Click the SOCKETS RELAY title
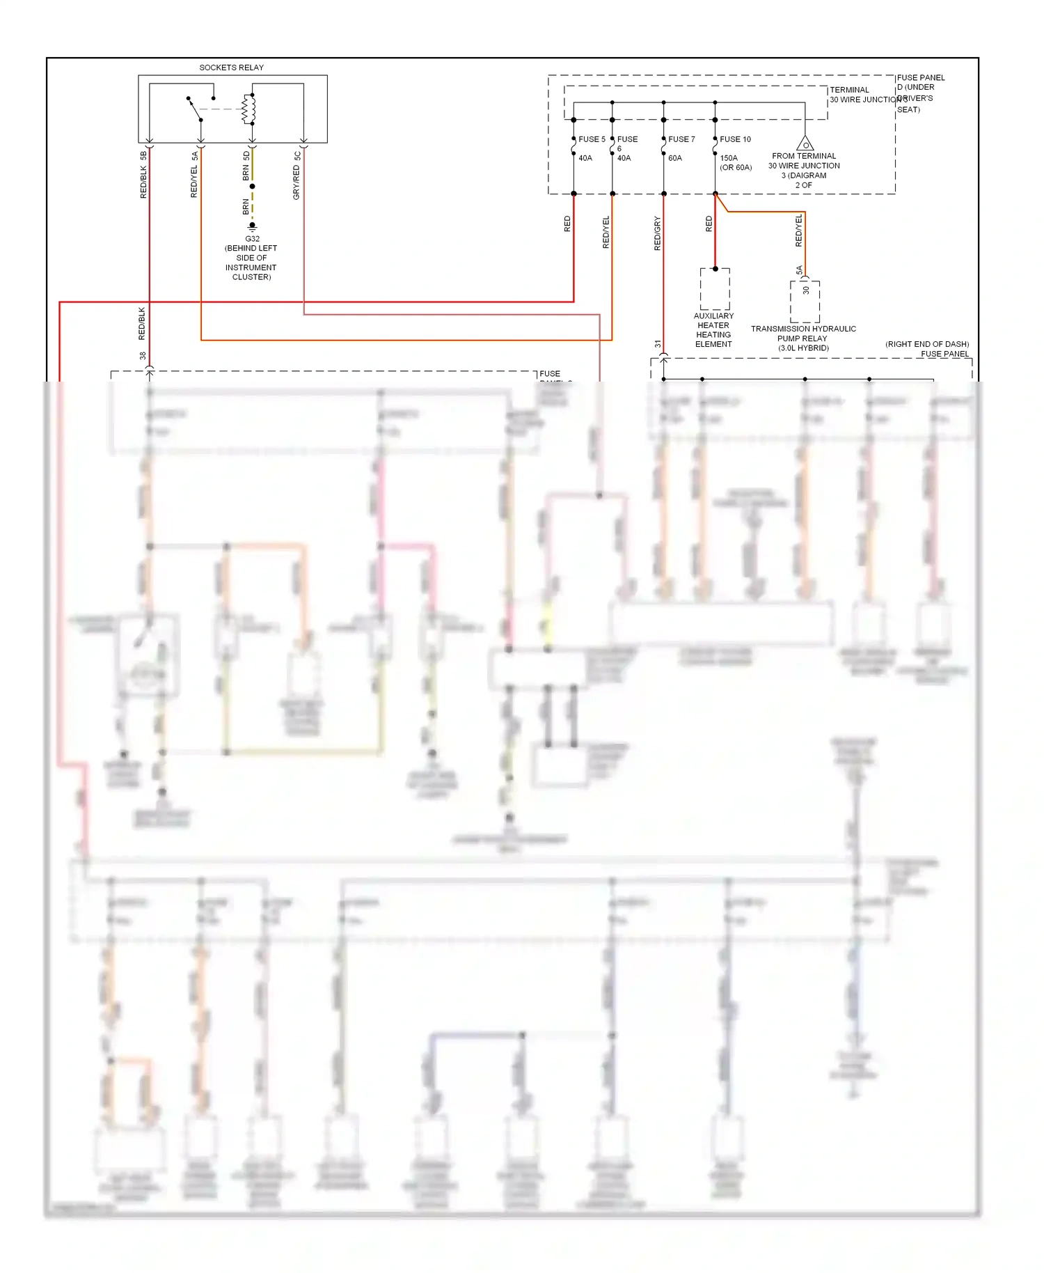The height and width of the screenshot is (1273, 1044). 231,68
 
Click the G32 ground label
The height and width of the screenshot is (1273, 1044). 252,239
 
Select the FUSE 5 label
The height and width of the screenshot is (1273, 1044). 592,139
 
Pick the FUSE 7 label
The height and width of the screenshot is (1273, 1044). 681,139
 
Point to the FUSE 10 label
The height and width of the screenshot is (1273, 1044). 735,139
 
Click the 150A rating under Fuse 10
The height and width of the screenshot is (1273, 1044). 729,158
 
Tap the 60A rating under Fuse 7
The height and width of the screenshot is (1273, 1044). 675,158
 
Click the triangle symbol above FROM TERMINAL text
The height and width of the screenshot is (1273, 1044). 805,144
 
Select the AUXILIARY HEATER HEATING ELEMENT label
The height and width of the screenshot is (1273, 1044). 713,330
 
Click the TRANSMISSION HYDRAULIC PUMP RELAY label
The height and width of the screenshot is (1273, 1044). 803,338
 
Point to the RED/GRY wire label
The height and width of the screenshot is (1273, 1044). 658,233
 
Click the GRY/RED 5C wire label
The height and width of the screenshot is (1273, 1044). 297,175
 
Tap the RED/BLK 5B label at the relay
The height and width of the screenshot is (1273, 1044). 144,175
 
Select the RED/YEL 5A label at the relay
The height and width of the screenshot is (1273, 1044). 195,175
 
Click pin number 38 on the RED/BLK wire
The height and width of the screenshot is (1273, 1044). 143,356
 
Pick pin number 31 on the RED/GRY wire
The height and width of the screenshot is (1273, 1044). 658,344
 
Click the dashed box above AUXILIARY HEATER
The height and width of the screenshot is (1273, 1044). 715,289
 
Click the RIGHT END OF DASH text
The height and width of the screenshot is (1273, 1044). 927,344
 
